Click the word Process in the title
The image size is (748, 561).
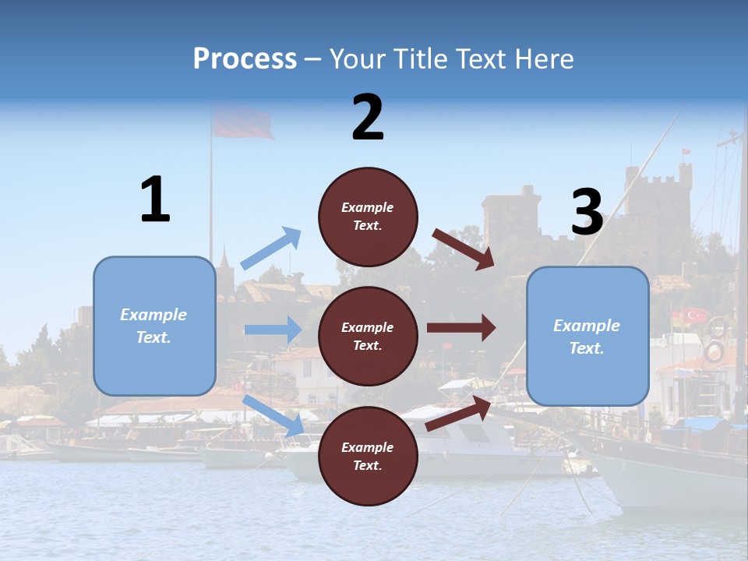point(245,59)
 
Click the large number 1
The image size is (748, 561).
point(155,199)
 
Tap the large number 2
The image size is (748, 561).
point(368,118)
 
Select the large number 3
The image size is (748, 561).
point(587,212)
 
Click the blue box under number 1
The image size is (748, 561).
point(154,326)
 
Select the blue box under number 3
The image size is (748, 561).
point(587,337)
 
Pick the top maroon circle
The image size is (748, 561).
point(368,217)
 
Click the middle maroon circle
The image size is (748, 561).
point(368,336)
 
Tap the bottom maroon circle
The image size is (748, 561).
point(368,456)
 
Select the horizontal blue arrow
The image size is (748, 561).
point(273,329)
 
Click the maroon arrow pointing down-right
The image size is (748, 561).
point(464,249)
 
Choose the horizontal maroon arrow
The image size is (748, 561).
point(460,327)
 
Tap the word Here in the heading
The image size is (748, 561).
point(545,59)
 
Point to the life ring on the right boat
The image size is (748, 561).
point(714,352)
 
